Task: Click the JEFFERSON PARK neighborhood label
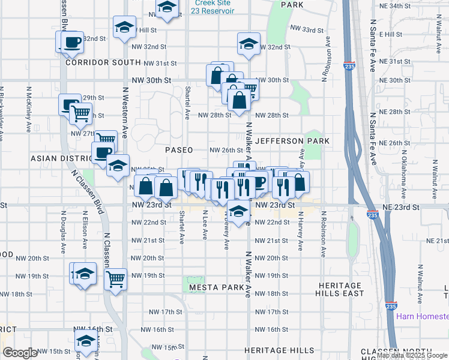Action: click(292, 141)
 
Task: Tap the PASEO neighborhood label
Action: click(179, 150)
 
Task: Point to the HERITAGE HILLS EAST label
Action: click(340, 289)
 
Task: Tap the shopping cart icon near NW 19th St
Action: click(115, 278)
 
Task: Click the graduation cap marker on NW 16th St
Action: click(86, 341)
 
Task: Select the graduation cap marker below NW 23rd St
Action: click(239, 211)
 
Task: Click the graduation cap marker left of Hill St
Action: click(124, 27)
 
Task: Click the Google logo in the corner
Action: click(20, 353)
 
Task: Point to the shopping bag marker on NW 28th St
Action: click(239, 101)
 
